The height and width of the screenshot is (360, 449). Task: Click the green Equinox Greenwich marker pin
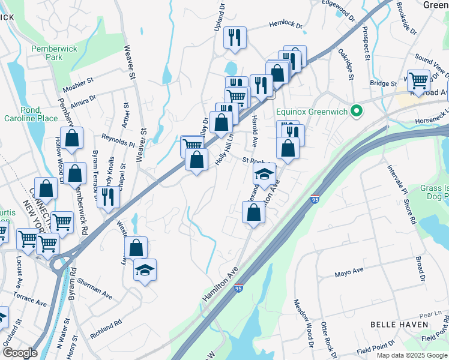357,111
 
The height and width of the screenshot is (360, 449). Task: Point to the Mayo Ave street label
349,273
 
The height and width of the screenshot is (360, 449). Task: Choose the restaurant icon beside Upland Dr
234,37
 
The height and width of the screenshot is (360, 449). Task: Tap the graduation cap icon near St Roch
264,175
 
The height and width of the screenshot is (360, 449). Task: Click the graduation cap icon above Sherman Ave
144,271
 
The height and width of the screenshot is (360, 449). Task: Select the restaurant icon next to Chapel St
108,196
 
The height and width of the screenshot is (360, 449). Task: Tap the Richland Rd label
106,329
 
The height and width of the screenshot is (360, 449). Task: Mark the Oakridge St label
346,64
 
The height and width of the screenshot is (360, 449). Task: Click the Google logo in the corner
20,353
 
